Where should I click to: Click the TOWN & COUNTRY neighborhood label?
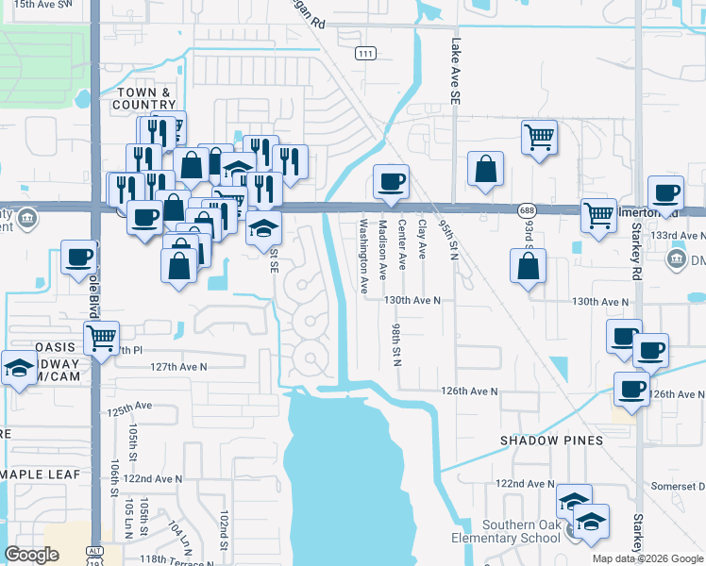[143, 98]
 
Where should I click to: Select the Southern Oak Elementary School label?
[522, 532]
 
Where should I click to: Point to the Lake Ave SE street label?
[455, 70]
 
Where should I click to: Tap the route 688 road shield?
[527, 209]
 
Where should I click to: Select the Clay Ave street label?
[422, 241]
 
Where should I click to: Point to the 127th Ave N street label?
[176, 366]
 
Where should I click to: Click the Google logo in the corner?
[32, 554]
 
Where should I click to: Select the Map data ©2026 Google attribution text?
[647, 558]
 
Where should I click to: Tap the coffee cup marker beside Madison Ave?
[390, 181]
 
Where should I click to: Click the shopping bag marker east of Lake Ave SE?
[485, 169]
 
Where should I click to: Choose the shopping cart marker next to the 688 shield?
[598, 216]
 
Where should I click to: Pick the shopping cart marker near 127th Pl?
[101, 336]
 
